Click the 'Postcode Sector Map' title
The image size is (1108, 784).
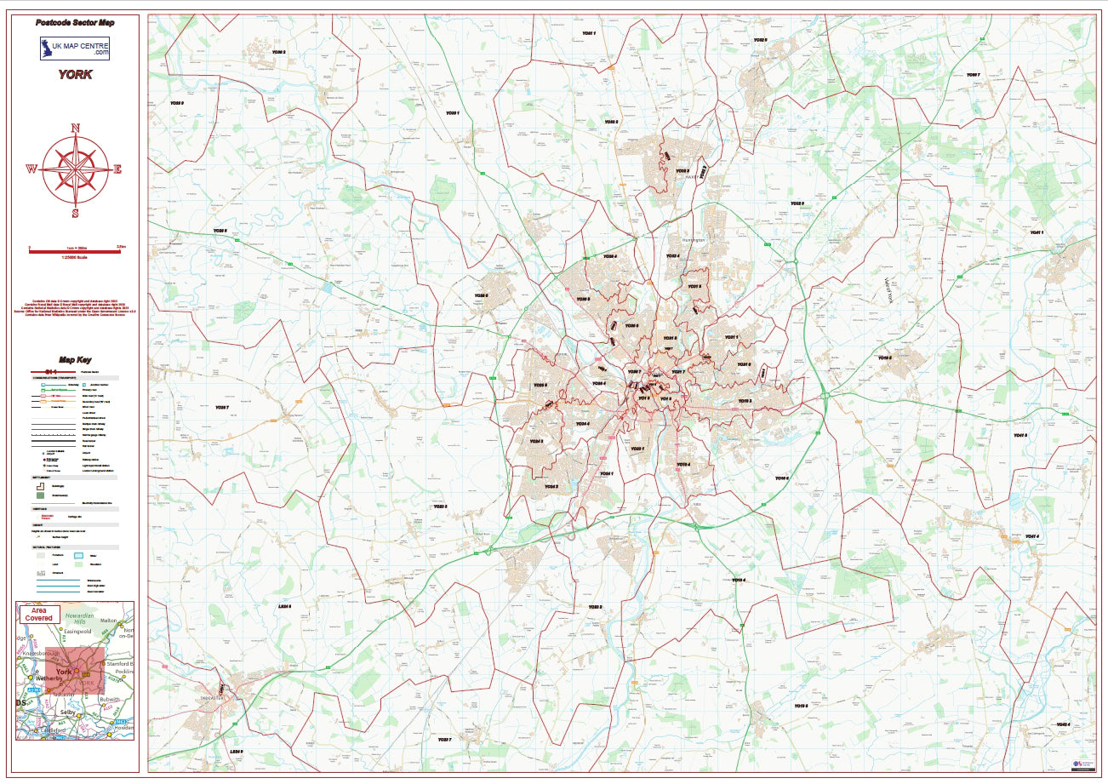click(x=75, y=22)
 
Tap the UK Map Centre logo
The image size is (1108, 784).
click(x=75, y=48)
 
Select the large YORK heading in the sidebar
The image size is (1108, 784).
click(x=75, y=75)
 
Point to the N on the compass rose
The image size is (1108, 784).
click(x=75, y=129)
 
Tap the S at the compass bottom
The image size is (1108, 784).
click(x=75, y=213)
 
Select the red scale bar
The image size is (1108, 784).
click(x=75, y=249)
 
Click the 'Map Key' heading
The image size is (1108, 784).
click(x=75, y=360)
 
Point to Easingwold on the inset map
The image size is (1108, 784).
click(x=78, y=633)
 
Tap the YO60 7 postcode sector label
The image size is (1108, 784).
click(x=973, y=75)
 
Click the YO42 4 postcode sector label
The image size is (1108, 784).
click(x=1062, y=724)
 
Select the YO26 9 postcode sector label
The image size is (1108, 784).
click(x=176, y=103)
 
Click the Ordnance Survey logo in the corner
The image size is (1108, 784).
click(x=1082, y=765)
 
